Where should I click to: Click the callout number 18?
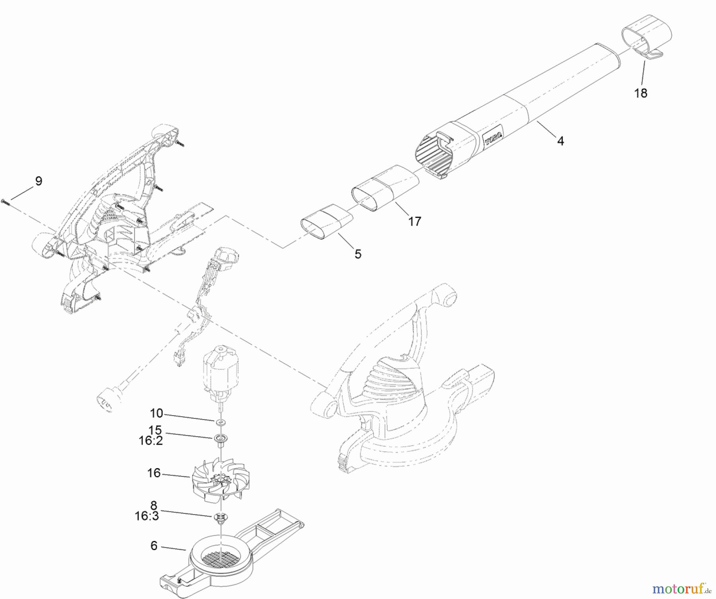[641, 93]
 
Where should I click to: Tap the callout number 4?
[560, 141]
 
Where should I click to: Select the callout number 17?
[414, 222]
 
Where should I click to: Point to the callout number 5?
[358, 254]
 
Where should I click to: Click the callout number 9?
[38, 181]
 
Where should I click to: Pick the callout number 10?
[157, 414]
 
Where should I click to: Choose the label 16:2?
[150, 441]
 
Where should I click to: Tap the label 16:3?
[146, 516]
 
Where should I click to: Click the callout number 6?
[154, 546]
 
